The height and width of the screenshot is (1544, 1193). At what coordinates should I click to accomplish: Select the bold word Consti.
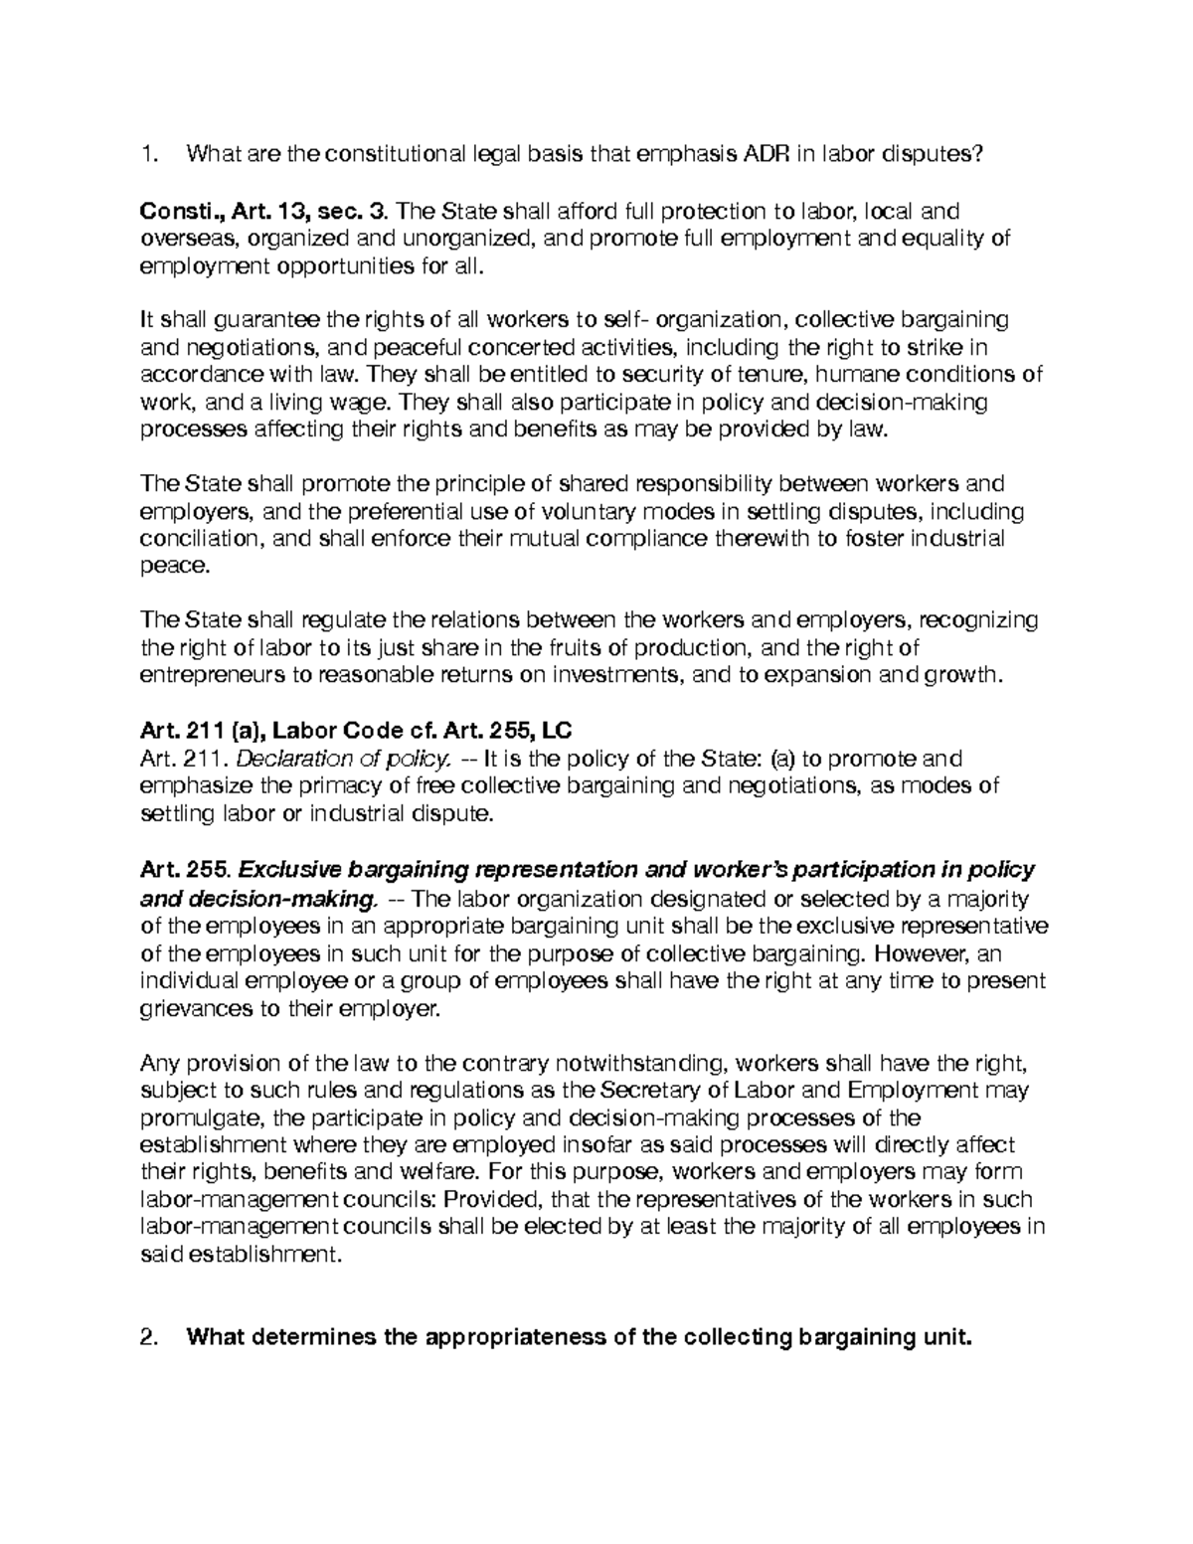click(x=170, y=211)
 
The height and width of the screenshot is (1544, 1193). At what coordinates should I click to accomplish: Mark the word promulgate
click(x=197, y=1117)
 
